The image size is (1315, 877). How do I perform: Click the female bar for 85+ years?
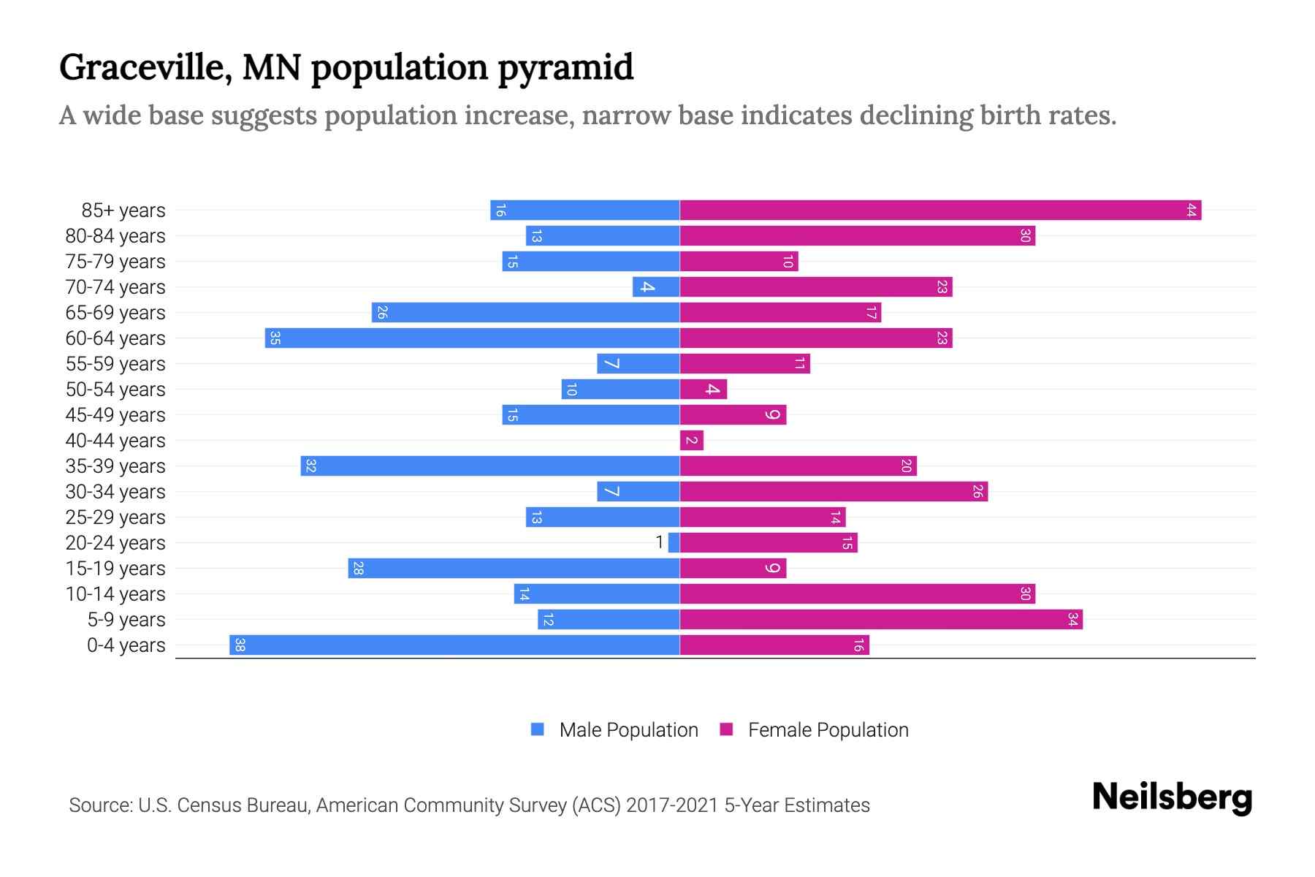940,210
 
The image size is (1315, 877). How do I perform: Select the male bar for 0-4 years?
454,645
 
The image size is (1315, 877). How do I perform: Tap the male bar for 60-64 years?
472,338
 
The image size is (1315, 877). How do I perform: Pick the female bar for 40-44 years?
691,441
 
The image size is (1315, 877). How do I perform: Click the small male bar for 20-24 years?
674,543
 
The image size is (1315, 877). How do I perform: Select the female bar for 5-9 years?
881,620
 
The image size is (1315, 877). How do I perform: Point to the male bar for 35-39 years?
489,466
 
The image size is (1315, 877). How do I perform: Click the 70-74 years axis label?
115,287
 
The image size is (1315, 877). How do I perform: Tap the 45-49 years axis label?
115,415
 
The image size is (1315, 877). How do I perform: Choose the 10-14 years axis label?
115,594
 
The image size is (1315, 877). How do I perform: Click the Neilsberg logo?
1172,797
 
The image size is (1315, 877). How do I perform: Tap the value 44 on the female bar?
1191,210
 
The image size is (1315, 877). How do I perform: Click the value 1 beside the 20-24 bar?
660,542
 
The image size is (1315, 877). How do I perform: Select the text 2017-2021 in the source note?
672,805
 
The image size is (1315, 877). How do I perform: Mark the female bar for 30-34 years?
834,492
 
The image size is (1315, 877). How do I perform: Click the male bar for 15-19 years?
514,569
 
